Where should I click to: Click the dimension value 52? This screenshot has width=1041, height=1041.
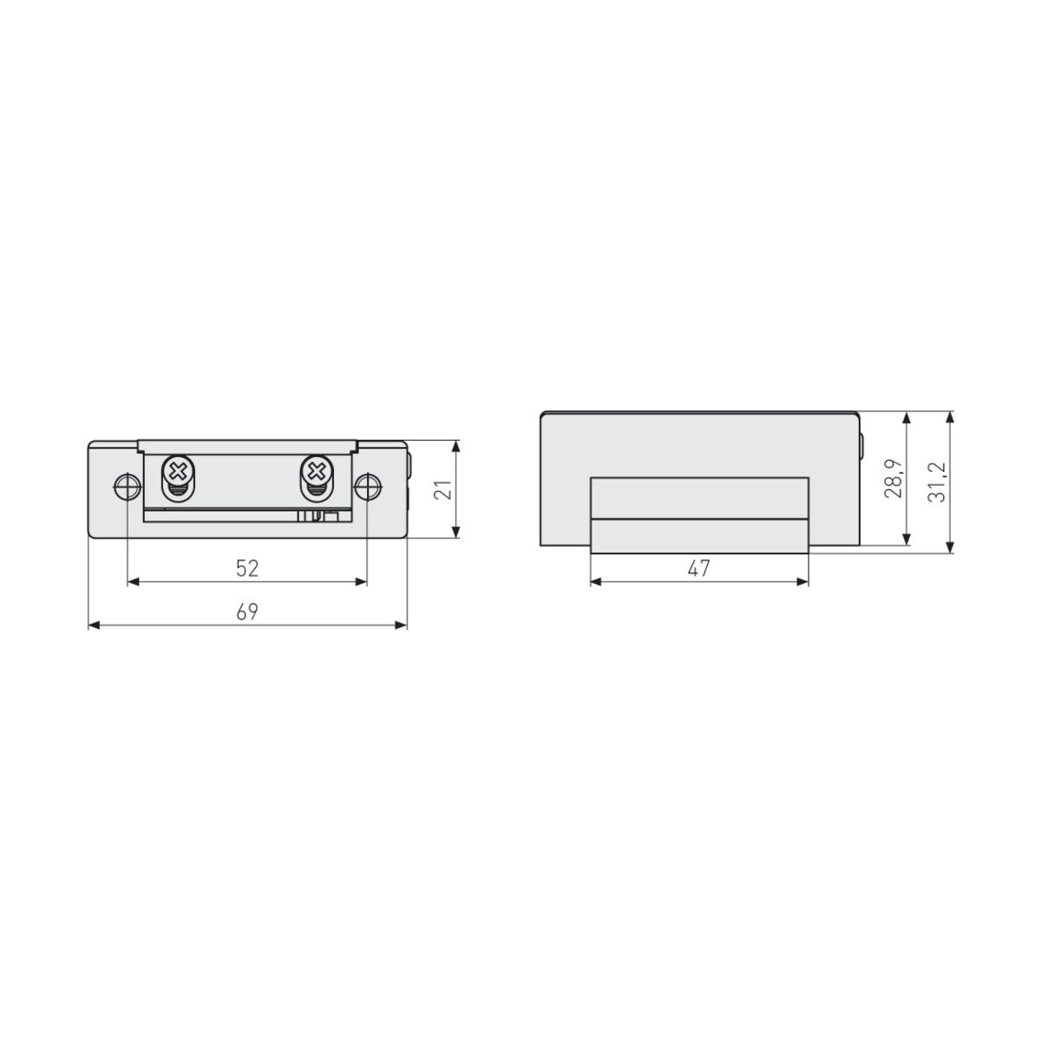tap(247, 568)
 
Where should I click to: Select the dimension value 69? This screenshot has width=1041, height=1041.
tap(247, 612)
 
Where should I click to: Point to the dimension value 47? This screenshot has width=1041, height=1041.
tap(699, 568)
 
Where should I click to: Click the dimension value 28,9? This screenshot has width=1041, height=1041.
tap(894, 478)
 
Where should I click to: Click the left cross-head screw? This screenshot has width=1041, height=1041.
tap(179, 473)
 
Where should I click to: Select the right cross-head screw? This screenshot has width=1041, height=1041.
tap(316, 473)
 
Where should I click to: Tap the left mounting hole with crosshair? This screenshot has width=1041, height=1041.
tap(128, 487)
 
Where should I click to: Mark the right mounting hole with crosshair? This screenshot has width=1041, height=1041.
tap(367, 487)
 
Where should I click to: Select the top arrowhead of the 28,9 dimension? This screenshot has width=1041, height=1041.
tap(907, 419)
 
